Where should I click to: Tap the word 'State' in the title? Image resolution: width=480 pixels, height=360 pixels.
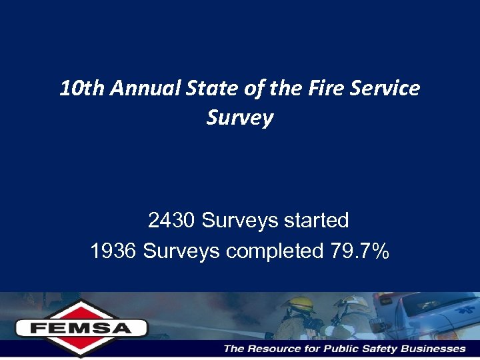tap(201, 88)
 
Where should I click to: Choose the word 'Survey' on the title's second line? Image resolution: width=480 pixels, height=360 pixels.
tap(239, 118)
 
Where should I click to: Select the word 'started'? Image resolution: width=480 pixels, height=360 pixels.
tap(315, 220)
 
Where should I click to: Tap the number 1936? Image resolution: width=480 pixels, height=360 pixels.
tap(113, 251)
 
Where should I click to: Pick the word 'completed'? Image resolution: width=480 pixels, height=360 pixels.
tap(275, 251)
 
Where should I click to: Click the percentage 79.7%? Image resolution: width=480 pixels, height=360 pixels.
tap(360, 251)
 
